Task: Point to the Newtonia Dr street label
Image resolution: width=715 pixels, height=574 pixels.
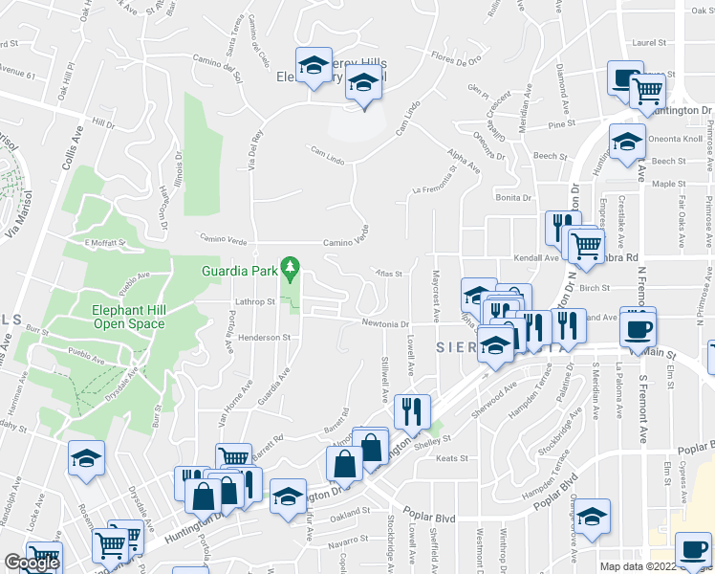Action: pyautogui.click(x=385, y=323)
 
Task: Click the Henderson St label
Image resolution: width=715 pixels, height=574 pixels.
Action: pyautogui.click(x=265, y=338)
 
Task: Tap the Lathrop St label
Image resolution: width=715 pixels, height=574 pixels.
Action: pyautogui.click(x=255, y=301)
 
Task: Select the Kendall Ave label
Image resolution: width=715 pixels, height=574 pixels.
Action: pyautogui.click(x=538, y=257)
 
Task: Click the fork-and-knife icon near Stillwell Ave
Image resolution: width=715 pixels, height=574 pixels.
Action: pyautogui.click(x=412, y=411)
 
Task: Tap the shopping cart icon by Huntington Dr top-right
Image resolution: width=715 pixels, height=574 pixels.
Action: pyautogui.click(x=649, y=92)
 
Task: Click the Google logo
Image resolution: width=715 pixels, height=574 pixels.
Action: pyautogui.click(x=32, y=563)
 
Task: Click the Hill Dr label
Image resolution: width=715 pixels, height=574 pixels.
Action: pyautogui.click(x=103, y=122)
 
